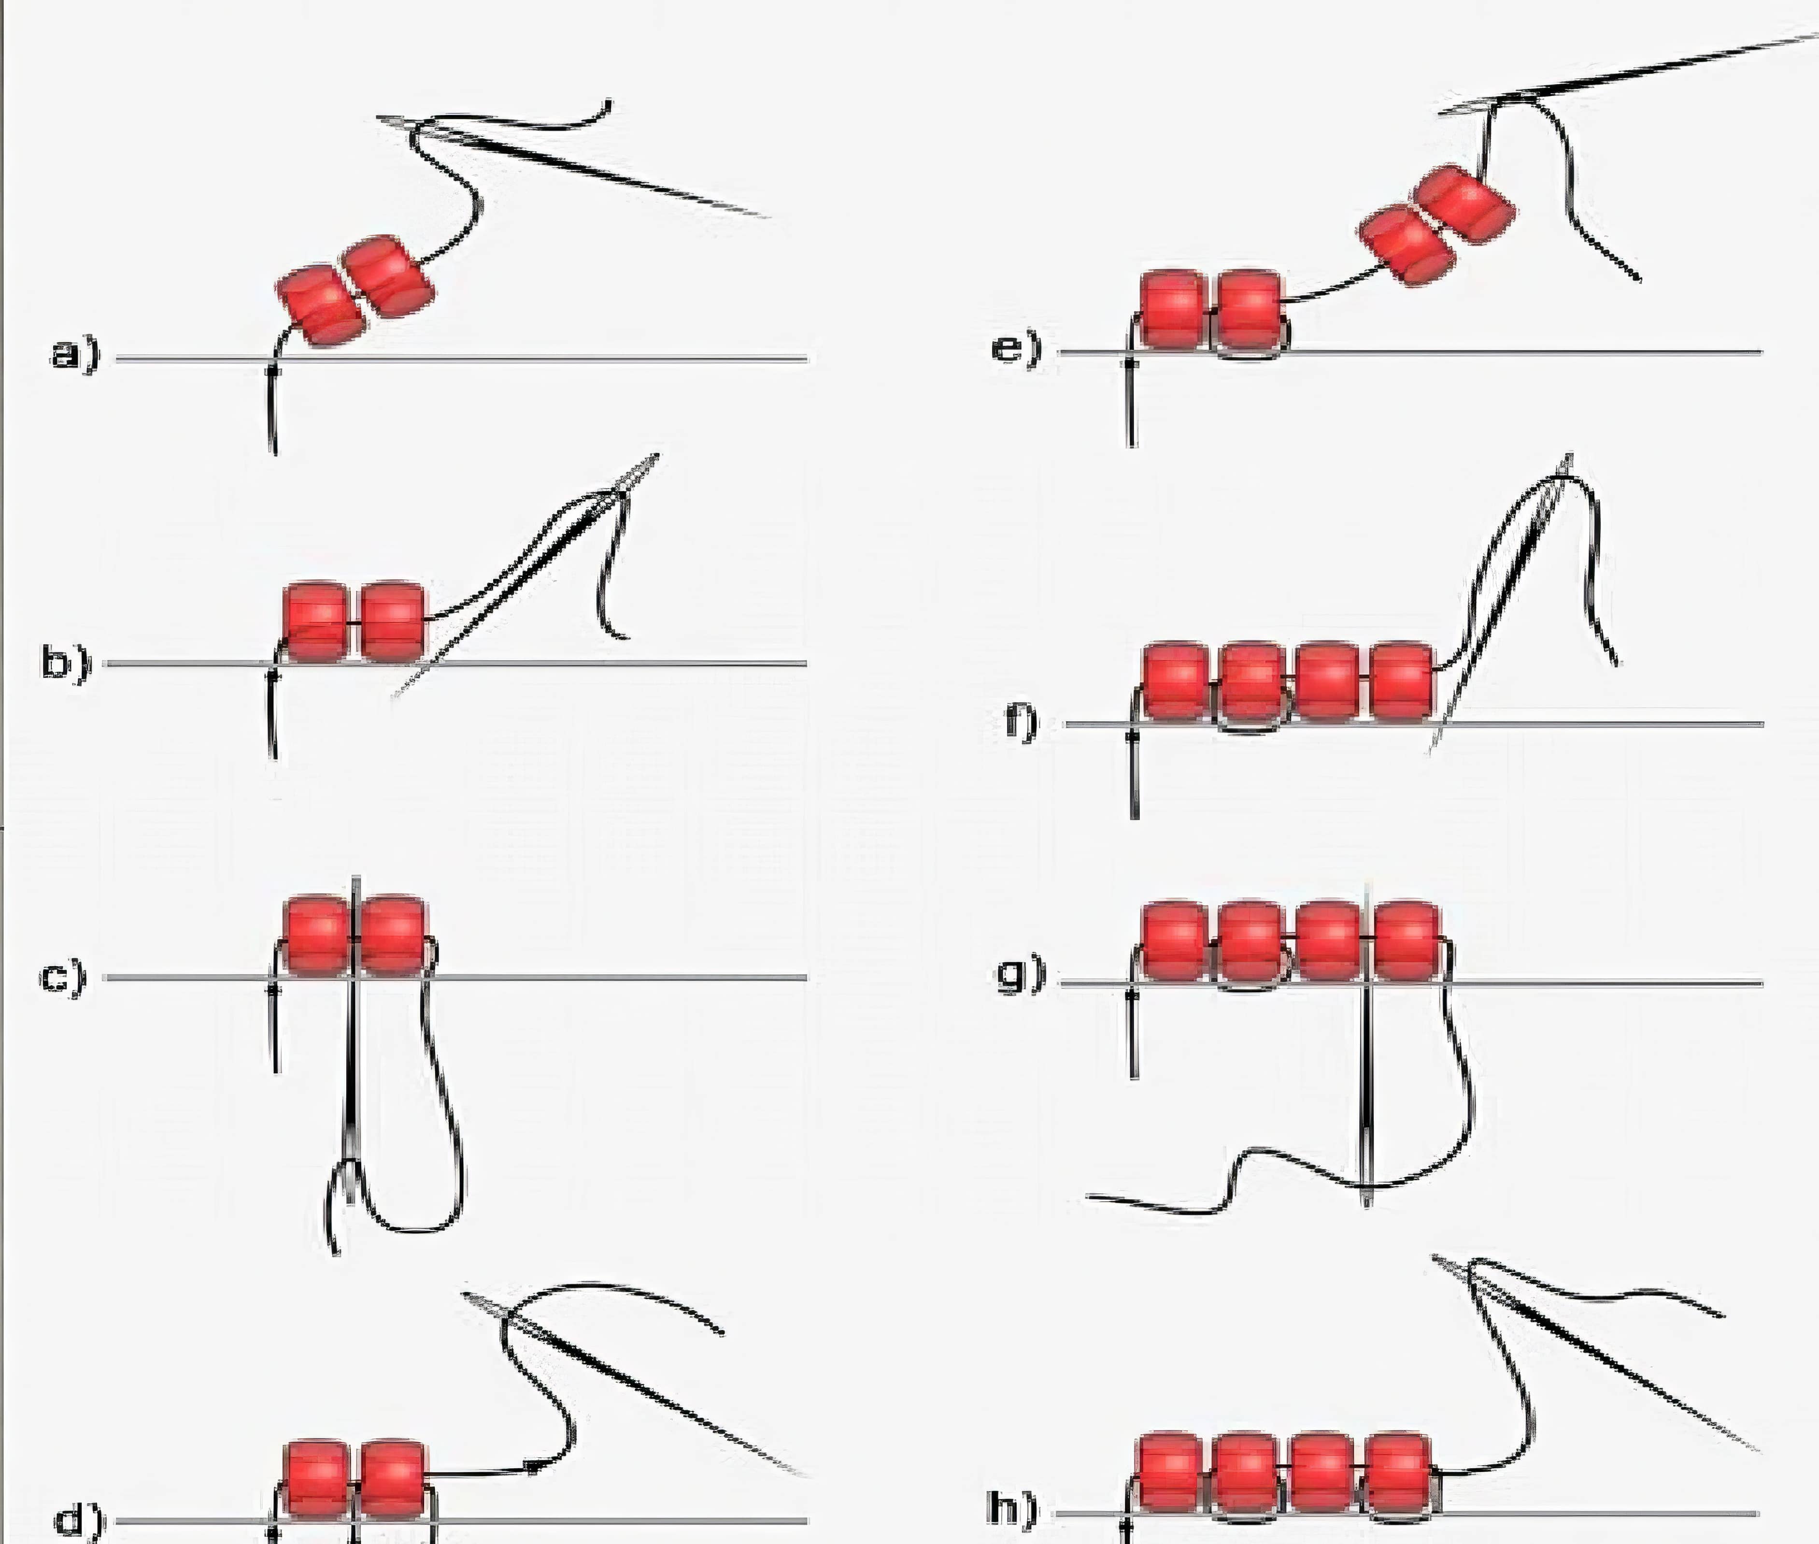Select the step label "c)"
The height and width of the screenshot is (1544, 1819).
point(64,976)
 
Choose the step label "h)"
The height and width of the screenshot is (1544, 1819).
point(1015,1508)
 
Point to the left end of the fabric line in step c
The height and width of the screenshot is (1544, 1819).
point(105,977)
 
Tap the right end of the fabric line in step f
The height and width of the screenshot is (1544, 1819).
point(1763,724)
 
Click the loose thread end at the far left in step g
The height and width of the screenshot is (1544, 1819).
point(1088,1196)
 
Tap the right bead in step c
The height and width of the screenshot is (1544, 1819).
point(392,935)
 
